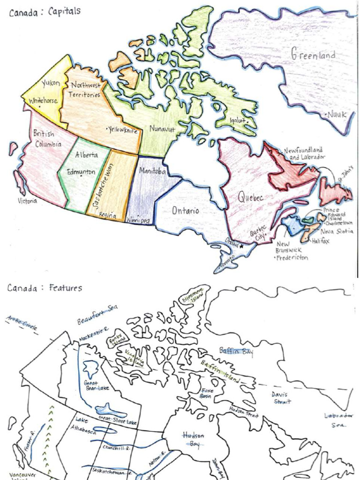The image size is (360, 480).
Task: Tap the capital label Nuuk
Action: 337,114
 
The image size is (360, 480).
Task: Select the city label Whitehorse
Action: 44,101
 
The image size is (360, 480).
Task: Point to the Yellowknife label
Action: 121,129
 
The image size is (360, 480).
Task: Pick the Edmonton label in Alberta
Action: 81,172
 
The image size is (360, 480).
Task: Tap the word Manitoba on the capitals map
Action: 152,172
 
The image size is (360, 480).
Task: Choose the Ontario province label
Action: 185,210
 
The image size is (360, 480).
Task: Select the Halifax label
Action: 321,241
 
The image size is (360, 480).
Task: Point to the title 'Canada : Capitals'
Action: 45,12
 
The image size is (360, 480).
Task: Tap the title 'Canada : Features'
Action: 45,288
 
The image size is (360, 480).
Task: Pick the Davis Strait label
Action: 281,397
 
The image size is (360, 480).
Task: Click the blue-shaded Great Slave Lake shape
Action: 111,410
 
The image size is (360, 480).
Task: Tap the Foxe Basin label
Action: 206,393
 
